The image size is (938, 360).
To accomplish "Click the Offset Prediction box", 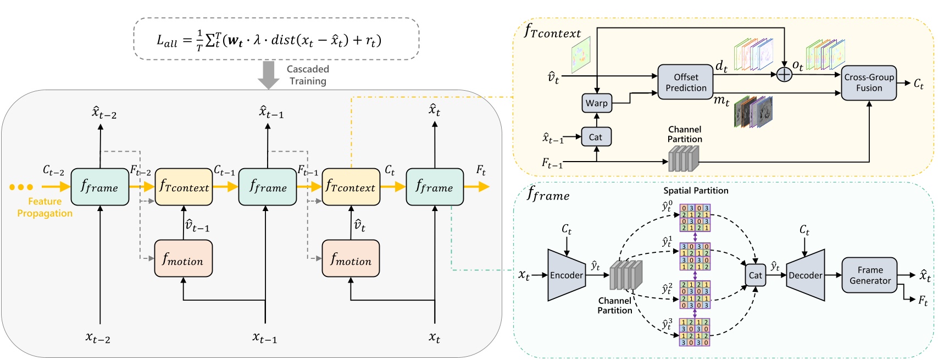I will point(685,82).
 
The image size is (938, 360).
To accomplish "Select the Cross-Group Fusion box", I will point(869,82).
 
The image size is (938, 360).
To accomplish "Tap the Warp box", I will point(596,103).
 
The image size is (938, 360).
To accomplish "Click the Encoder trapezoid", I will point(566,275).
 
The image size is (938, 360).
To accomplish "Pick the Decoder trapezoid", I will point(806,275).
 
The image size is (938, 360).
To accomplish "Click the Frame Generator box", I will point(869,275).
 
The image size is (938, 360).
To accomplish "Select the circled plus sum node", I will point(784,74).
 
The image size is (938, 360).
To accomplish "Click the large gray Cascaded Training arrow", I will point(269,75).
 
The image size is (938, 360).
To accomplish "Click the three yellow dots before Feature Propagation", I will point(21,187).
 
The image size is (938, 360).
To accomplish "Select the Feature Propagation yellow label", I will point(45,207).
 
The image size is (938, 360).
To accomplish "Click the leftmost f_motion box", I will point(183,258).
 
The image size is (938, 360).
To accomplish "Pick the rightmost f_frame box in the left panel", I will point(434,187).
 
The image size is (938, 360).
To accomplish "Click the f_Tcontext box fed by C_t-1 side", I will point(184,187).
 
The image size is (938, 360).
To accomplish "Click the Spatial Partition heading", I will point(695,190).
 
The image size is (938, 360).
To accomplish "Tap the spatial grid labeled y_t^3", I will point(695,332).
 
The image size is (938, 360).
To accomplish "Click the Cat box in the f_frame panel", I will point(755,275).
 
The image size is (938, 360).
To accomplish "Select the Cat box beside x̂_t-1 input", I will point(596,137).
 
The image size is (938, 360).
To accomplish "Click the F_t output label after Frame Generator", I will point(923,300).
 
